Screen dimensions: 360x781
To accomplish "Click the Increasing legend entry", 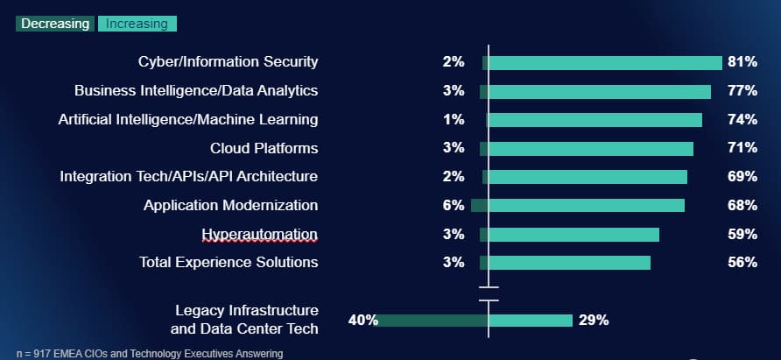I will click(x=137, y=24).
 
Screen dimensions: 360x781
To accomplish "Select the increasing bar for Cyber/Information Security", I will click(x=605, y=62).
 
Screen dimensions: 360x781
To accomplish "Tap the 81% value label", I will click(x=742, y=62).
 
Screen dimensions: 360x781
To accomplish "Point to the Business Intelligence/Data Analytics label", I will click(x=196, y=90).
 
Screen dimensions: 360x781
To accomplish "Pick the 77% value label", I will click(x=742, y=91).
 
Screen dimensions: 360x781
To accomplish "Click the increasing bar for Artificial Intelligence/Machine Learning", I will click(x=595, y=120).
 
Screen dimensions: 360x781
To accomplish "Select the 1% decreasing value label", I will click(x=453, y=119).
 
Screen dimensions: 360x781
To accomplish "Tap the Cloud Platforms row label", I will click(x=264, y=148).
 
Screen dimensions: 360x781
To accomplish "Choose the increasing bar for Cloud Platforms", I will click(x=591, y=148).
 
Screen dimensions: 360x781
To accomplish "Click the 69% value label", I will click(x=742, y=177).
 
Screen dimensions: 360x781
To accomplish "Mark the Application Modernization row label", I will click(x=231, y=205).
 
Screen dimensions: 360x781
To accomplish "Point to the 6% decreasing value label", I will click(x=453, y=205).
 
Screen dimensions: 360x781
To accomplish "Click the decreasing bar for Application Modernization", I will click(x=480, y=205).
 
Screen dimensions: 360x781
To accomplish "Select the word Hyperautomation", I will click(x=259, y=234).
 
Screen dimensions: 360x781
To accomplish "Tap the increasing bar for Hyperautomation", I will click(x=574, y=234).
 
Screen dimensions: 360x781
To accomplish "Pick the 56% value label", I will click(x=742, y=262).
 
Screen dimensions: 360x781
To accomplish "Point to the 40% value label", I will click(x=362, y=320).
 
